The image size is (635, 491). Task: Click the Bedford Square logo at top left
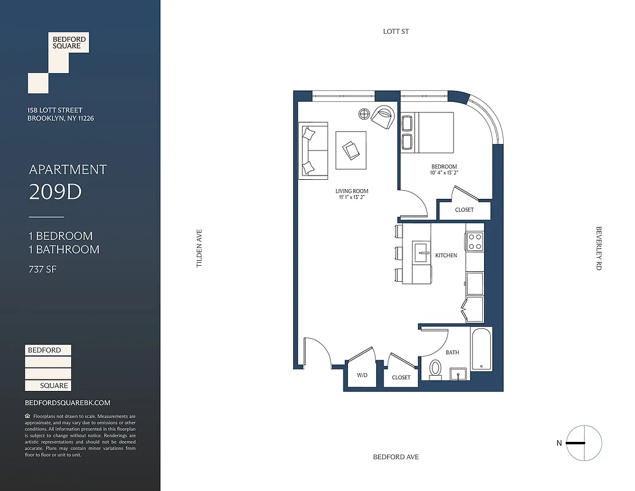58,61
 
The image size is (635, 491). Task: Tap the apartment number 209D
55,192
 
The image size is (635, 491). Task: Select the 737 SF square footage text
42,269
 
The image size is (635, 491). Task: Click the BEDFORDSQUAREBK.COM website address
67,403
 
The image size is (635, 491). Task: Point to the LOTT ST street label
396,31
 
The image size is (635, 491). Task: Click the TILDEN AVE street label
199,248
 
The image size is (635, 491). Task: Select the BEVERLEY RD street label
599,249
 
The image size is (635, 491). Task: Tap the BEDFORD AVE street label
396,457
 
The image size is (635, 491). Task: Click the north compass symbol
584,443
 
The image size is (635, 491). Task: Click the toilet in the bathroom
436,369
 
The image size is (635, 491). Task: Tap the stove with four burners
474,241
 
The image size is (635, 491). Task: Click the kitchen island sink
422,252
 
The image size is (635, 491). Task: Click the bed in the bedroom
427,132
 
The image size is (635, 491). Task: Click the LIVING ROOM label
352,191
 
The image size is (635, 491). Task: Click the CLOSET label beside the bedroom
464,210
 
